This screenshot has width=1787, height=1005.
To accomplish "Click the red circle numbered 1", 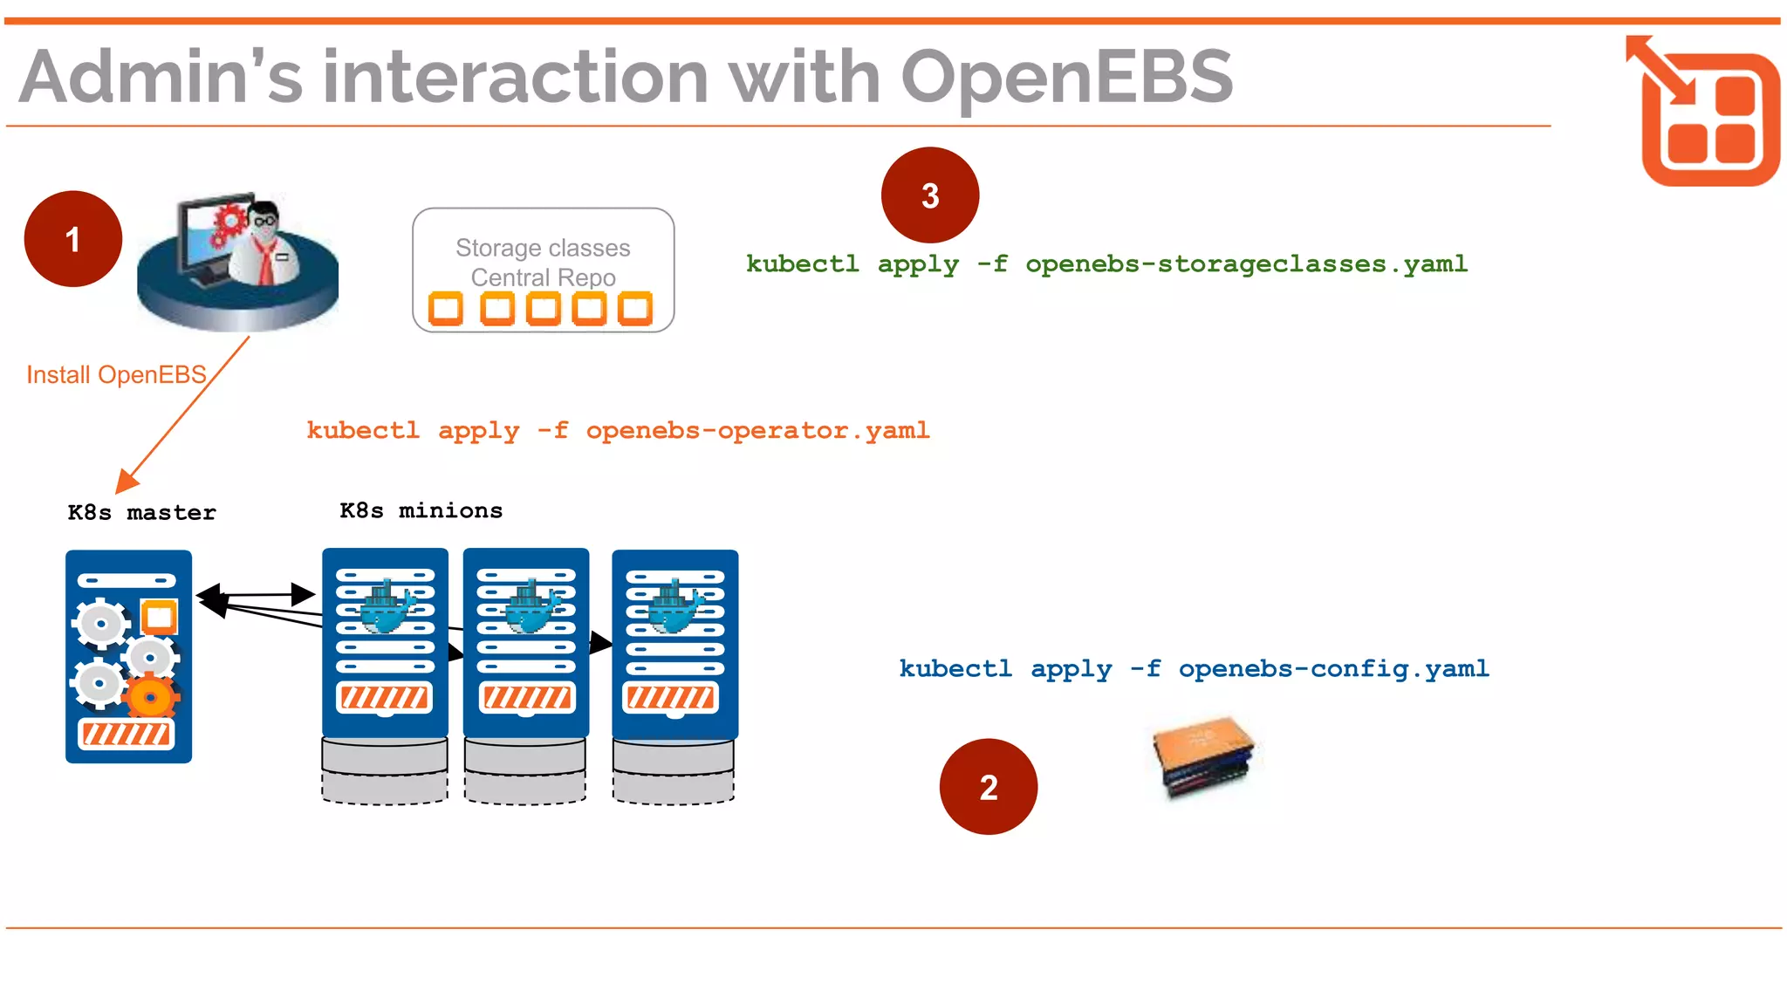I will pos(73,239).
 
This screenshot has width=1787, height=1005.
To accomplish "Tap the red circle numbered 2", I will pos(988,787).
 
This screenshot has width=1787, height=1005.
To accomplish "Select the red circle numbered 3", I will pos(930,195).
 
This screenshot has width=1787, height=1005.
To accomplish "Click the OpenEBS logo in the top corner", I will pos(1705,112).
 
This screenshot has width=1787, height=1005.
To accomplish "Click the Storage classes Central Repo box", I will pos(543,269).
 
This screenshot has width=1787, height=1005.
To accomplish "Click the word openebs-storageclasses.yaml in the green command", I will pos(1246,264).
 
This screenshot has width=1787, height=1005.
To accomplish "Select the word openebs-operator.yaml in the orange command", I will pos(757,431).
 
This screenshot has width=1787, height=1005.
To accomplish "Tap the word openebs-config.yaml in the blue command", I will pos(1333,669).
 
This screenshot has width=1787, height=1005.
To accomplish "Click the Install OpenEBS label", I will pos(116,375).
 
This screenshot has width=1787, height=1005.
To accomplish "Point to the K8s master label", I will pos(142,513).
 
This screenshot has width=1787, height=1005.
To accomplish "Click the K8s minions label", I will pos(421,511).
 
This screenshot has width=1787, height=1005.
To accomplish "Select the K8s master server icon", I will pos(128,656).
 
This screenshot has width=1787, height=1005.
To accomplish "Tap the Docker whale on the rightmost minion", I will pos(674,610).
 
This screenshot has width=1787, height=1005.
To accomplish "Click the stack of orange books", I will pos(1205,755).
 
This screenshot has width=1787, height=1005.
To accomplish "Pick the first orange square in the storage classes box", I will pos(445,309).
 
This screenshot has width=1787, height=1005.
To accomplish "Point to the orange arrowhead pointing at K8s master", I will pos(127,481).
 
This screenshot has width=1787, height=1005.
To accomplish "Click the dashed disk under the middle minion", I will pos(525,786).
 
